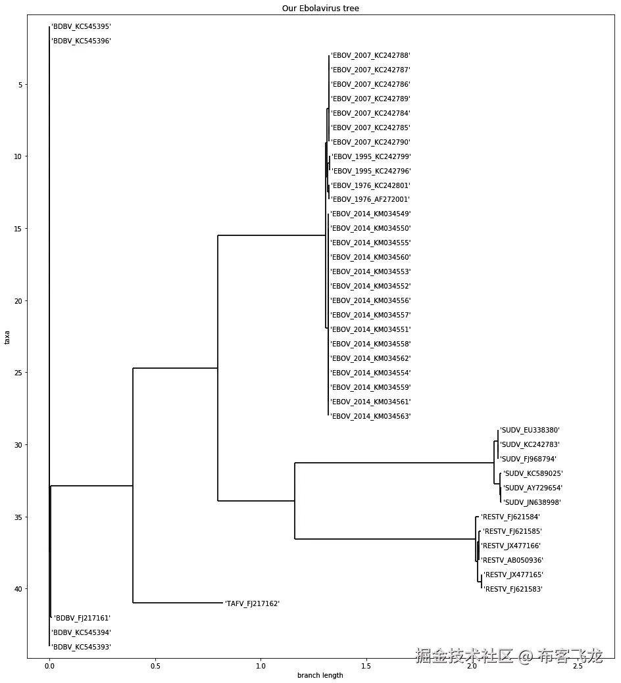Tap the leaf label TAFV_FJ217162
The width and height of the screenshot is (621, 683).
tap(252, 603)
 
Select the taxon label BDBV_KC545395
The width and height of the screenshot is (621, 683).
tap(81, 27)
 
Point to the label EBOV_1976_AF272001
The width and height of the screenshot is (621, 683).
tap(370, 199)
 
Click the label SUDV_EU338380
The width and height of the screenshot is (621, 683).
tap(530, 431)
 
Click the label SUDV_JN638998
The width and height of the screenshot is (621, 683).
tap(532, 502)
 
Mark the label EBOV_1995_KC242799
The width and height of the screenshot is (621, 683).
tap(371, 156)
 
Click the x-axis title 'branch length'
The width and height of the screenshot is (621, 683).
tap(320, 675)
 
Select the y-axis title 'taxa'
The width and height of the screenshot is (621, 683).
tap(7, 337)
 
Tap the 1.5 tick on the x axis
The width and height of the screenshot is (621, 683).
tap(366, 666)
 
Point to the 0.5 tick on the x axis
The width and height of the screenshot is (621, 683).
tap(155, 666)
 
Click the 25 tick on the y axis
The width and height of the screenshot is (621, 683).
tap(18, 373)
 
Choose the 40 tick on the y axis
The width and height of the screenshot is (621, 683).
tap(18, 589)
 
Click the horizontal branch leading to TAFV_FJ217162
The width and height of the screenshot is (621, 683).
tap(178, 603)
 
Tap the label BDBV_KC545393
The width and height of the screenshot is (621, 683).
tap(81, 647)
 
